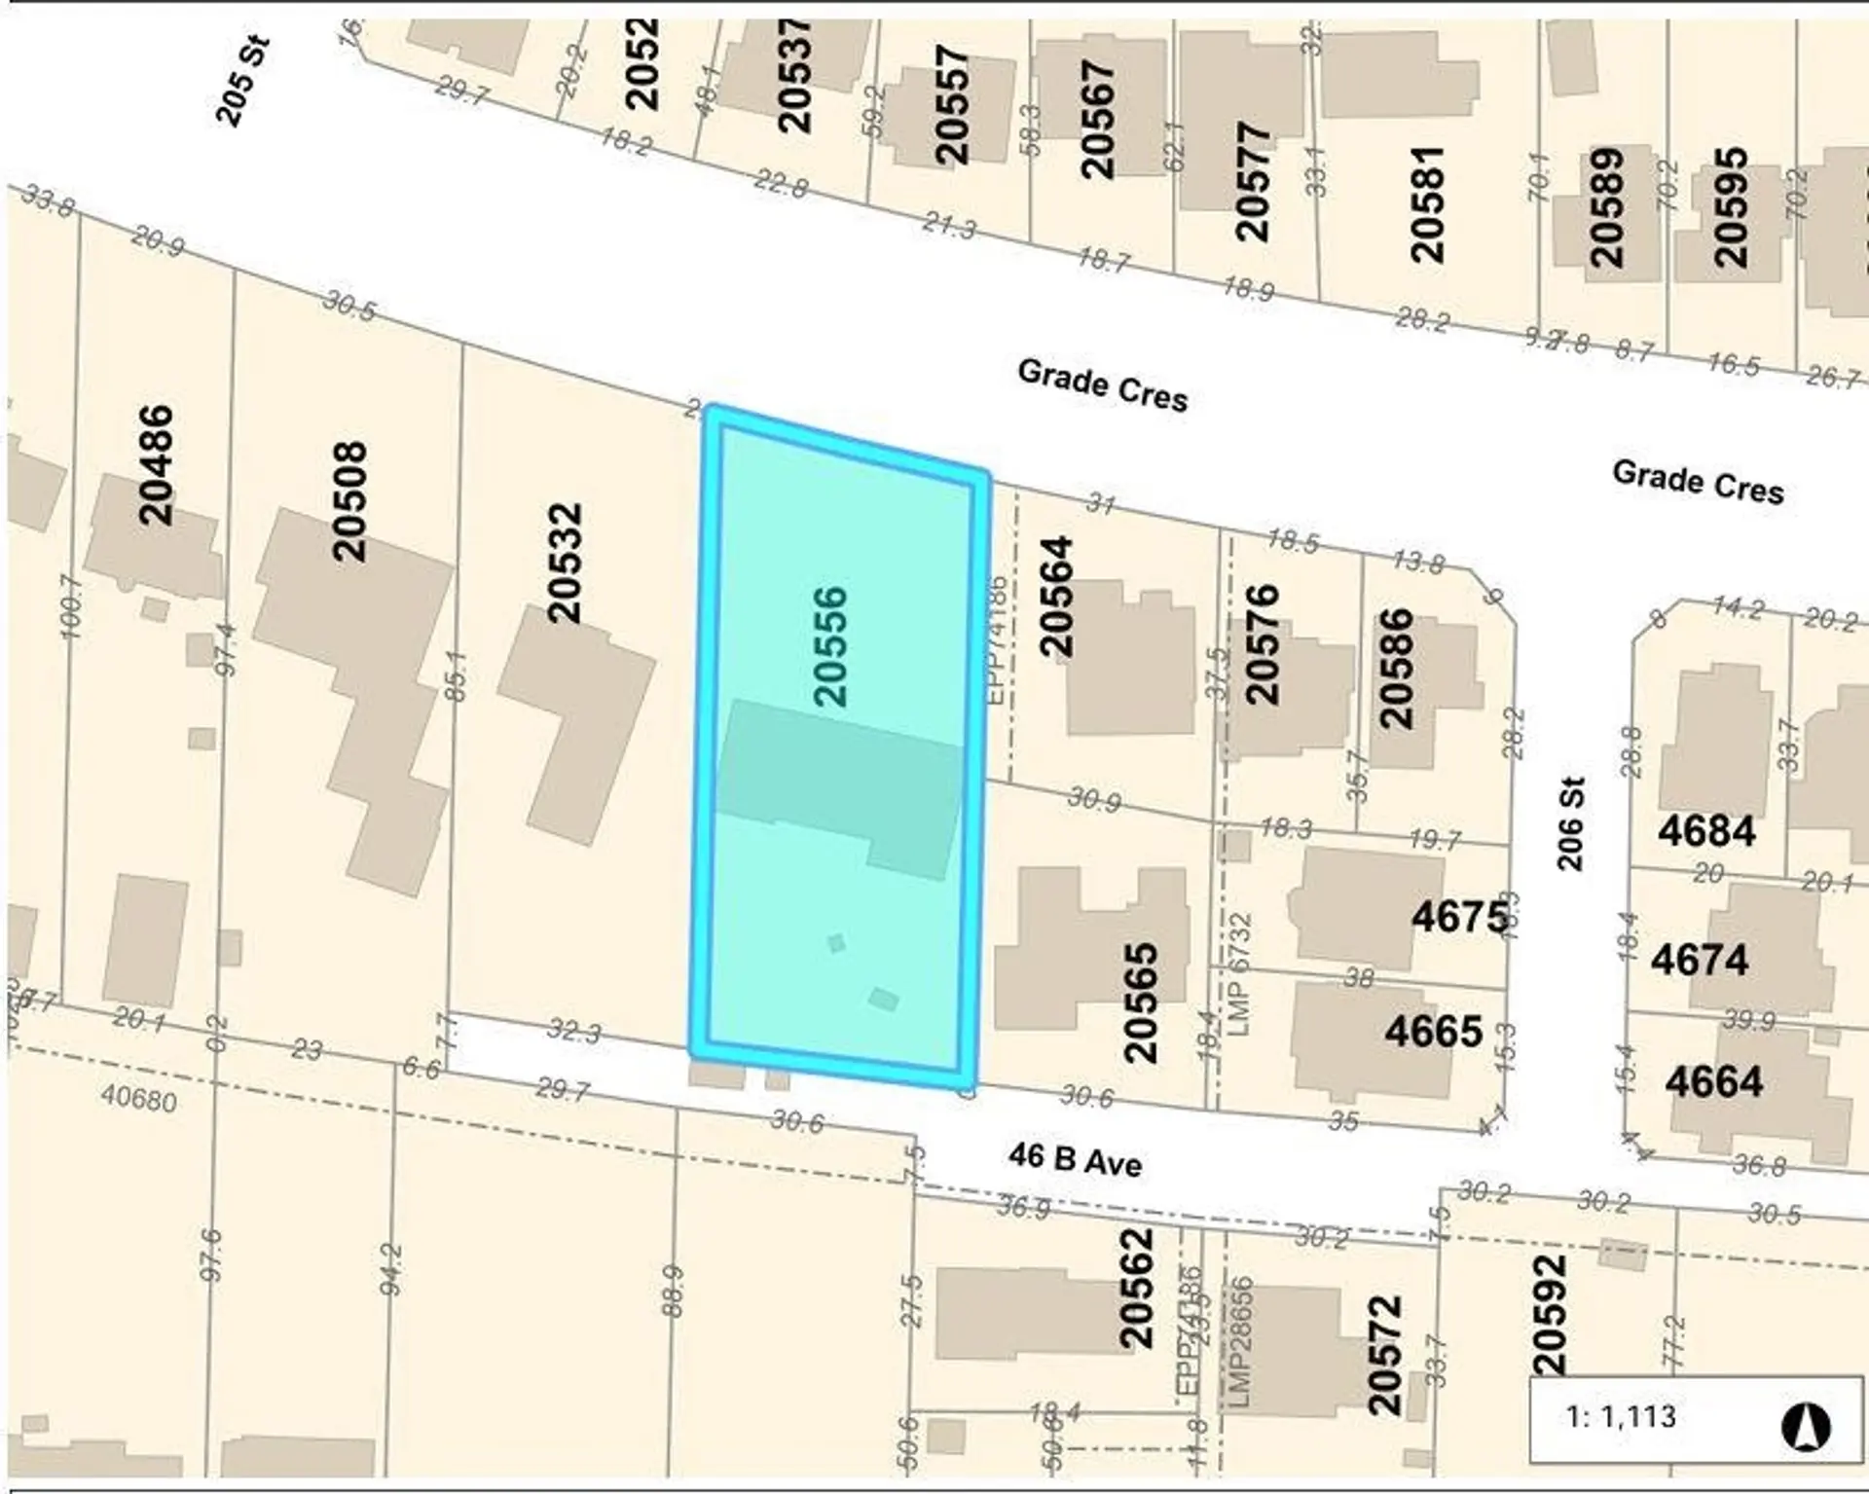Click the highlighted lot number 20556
coord(830,646)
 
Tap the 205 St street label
coord(241,81)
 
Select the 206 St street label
coord(1569,823)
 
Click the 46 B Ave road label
coord(1075,1159)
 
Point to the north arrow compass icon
coord(1806,1428)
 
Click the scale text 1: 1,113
coord(1622,1415)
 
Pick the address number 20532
coord(565,563)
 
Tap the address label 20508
coord(349,502)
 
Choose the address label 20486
coord(156,465)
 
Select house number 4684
coord(1706,831)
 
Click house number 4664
coord(1713,1081)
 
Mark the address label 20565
coord(1140,1002)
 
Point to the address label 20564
coord(1056,596)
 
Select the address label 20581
coord(1428,204)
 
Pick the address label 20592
coord(1549,1315)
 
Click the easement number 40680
coord(138,1100)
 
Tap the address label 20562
coord(1136,1289)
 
